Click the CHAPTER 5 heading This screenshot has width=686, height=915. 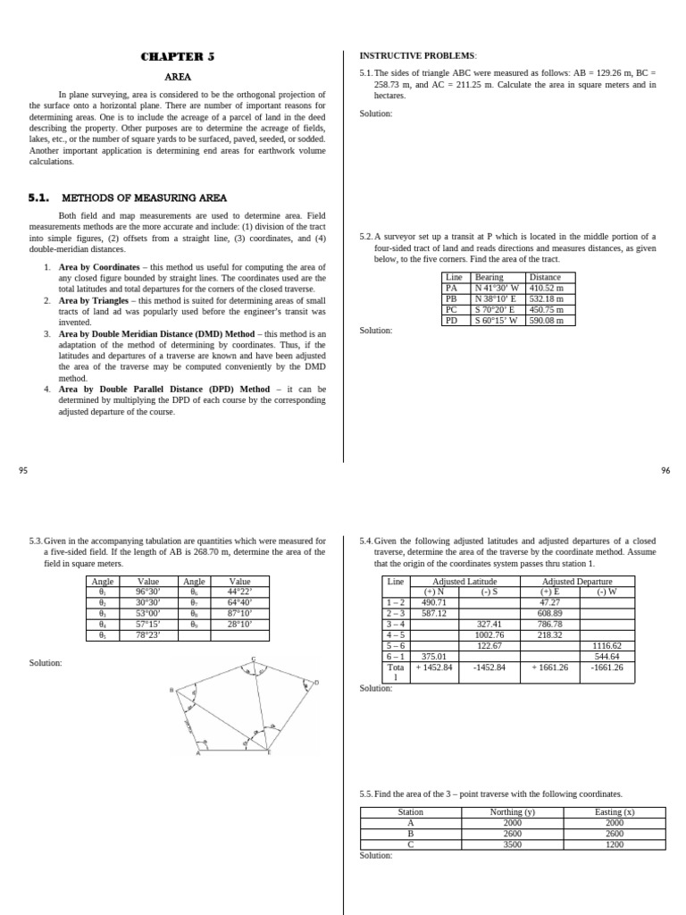[178, 57]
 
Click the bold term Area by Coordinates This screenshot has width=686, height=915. [98, 267]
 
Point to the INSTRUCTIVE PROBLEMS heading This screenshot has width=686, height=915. [417, 55]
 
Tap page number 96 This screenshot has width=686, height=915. [665, 471]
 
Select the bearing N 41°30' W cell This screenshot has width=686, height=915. [497, 289]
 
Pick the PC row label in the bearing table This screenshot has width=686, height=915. [452, 310]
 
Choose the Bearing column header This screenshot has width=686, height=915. [489, 278]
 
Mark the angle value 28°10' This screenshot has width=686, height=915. [239, 625]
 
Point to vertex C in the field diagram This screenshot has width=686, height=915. [253, 659]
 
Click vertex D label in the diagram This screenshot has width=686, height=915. [315, 683]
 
